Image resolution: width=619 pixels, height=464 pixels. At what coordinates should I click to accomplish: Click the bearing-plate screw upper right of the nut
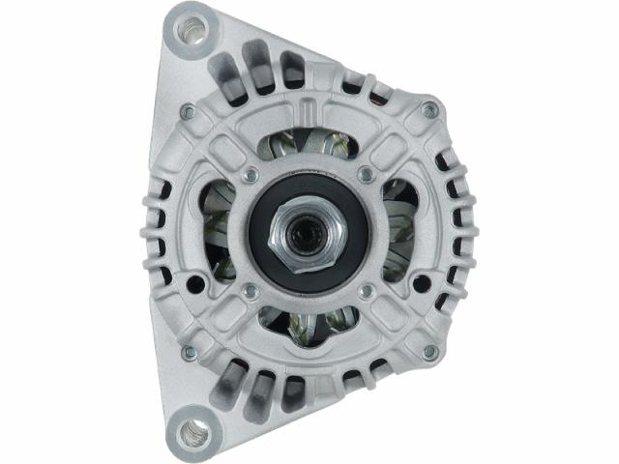point(365,175)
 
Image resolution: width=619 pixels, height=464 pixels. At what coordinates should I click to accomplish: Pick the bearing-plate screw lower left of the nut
point(252,290)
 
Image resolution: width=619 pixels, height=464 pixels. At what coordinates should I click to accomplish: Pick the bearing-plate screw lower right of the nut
point(365,290)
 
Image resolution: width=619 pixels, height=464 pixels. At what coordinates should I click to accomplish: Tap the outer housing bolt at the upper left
point(189,112)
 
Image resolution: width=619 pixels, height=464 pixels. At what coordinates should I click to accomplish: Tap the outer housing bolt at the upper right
point(428,112)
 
